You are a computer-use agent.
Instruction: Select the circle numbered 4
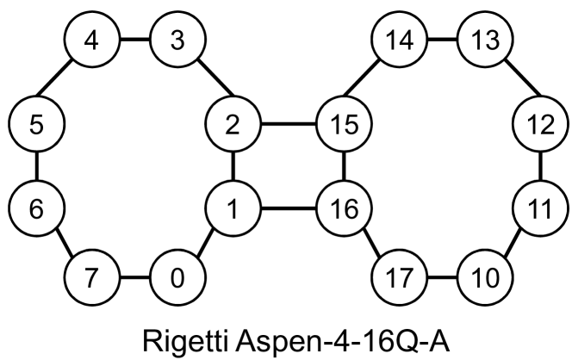pyautogui.click(x=92, y=40)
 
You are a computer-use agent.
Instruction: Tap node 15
pyautogui.click(x=344, y=124)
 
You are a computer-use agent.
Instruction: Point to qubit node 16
pyautogui.click(x=344, y=208)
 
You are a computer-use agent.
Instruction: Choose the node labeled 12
pyautogui.click(x=538, y=124)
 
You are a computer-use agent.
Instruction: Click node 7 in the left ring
pyautogui.click(x=92, y=279)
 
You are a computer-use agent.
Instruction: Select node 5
pyautogui.click(x=35, y=124)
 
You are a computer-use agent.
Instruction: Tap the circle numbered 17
pyautogui.click(x=399, y=279)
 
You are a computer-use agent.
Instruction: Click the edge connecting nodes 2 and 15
pyautogui.click(x=288, y=124)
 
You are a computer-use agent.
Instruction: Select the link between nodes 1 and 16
pyautogui.click(x=288, y=208)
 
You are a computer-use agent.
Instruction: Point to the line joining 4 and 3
pyautogui.click(x=134, y=40)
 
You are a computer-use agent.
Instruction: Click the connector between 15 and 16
pyautogui.click(x=344, y=165)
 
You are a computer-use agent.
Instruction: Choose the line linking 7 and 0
pyautogui.click(x=134, y=279)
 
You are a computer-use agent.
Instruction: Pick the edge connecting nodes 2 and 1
pyautogui.click(x=232, y=165)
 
